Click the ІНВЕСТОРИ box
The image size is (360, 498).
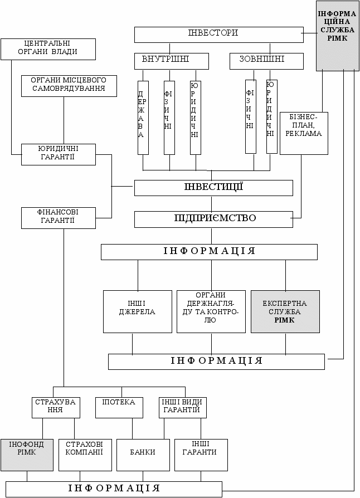218,35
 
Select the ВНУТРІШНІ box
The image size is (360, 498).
171,60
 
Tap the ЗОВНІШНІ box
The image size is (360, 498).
266,60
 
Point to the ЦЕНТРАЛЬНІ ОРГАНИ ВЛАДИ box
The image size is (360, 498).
48,48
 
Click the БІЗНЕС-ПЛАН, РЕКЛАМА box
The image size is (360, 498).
304,133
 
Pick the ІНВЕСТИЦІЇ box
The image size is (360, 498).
213,188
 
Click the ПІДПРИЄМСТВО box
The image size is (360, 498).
213,219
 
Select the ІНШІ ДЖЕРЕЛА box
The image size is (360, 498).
138,311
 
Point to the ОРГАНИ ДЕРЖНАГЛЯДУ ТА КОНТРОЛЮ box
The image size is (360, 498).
211,311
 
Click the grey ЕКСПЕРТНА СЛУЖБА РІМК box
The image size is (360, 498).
285,311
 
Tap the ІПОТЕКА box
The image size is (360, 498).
118,407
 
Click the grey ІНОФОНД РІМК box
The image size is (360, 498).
27,455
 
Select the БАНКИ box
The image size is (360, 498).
143,455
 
